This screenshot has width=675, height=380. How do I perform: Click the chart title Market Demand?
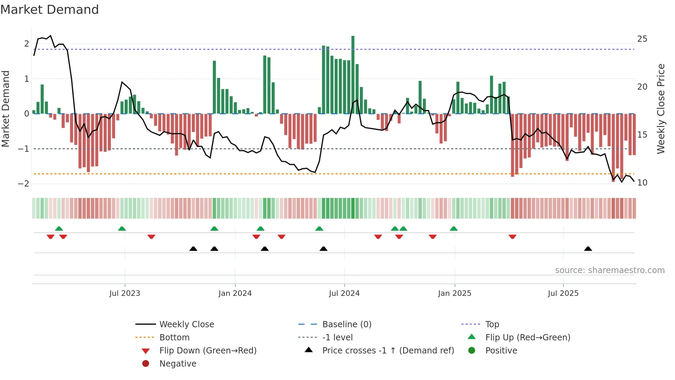click(x=50, y=10)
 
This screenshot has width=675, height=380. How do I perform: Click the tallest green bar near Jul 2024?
click(x=353, y=74)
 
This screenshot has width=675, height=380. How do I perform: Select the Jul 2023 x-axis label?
click(x=125, y=293)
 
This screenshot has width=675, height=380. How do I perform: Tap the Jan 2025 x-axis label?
click(x=455, y=293)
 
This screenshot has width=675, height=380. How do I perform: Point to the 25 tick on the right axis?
click(x=642, y=39)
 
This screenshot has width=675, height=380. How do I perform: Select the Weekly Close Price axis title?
click(x=661, y=109)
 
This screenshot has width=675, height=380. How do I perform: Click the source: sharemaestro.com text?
click(x=610, y=270)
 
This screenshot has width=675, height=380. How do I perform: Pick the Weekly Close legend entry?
click(x=186, y=324)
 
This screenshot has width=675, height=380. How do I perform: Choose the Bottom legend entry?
click(x=174, y=338)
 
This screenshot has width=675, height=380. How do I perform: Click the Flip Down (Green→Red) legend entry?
click(x=208, y=351)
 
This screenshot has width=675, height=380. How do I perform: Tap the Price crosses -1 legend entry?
click(x=388, y=351)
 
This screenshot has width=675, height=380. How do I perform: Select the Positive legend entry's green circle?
click(x=472, y=351)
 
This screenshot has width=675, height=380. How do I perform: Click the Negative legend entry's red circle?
click(x=146, y=364)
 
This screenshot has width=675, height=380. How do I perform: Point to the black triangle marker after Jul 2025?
click(x=588, y=249)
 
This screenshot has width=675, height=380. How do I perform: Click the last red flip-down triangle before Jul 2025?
click(x=512, y=237)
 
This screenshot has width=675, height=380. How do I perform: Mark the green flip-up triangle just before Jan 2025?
click(x=454, y=229)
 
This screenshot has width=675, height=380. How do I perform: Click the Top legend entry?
click(x=492, y=324)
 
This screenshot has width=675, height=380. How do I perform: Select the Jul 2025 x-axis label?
click(x=563, y=293)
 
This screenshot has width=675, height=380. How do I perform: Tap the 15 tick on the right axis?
click(x=642, y=134)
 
